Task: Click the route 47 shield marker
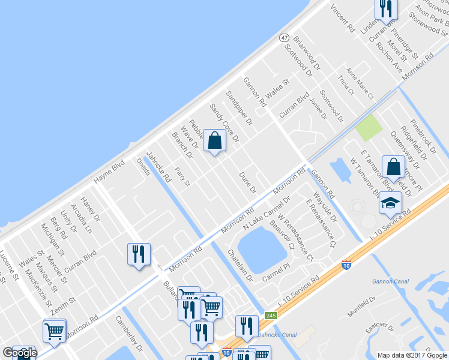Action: pyautogui.click(x=284, y=37)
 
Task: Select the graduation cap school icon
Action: pyautogui.click(x=390, y=205)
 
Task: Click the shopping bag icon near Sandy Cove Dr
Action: pyautogui.click(x=214, y=142)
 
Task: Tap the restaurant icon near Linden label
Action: pyautogui.click(x=385, y=8)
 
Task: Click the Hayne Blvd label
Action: pyautogui.click(x=109, y=171)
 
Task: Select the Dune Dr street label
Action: pyautogui.click(x=248, y=181)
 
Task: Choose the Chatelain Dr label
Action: pyautogui.click(x=240, y=266)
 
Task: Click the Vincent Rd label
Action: pyautogui.click(x=343, y=19)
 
